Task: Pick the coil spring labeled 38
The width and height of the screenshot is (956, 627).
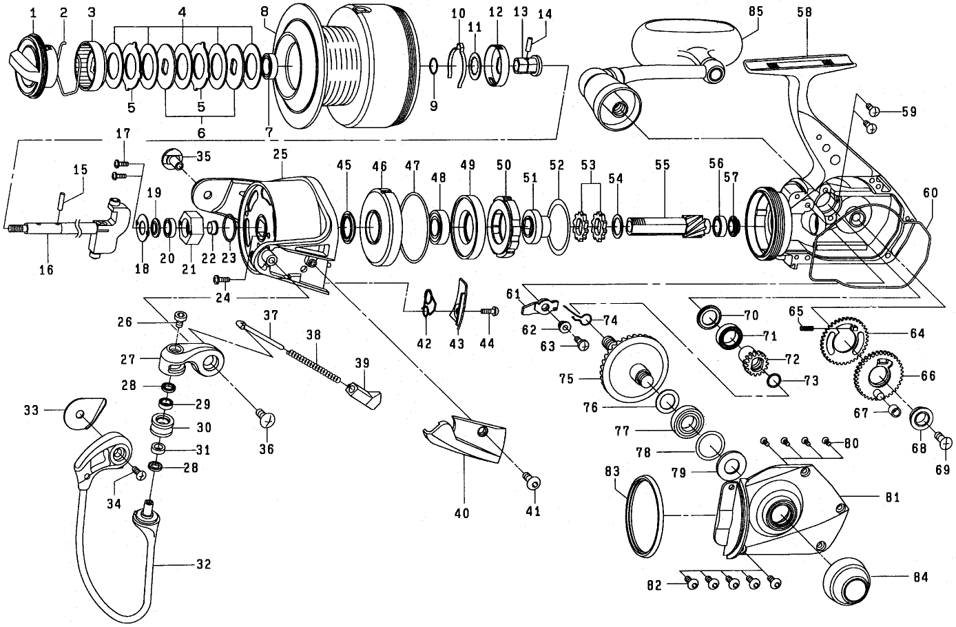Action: coord(314,365)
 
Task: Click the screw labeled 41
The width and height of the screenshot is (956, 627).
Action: coord(532,482)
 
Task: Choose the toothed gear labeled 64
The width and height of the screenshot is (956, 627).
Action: coord(844,341)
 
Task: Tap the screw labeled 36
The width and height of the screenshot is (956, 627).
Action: coord(267,418)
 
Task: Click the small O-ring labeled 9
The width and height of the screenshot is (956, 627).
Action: coord(433,66)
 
